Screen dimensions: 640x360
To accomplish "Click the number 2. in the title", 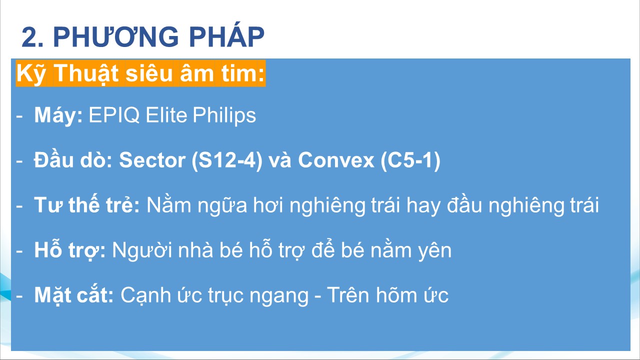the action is [x=32, y=36].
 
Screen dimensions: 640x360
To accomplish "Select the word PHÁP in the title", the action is [x=227, y=35].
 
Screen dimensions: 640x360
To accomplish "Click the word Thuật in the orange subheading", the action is [x=86, y=73].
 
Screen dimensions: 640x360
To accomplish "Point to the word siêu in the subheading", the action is [x=149, y=73].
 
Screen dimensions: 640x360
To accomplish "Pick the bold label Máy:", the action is [x=58, y=115].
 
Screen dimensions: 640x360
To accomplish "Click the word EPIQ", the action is [x=114, y=115].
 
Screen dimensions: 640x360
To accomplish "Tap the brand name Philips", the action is [x=224, y=115].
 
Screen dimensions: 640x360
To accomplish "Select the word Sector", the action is [x=152, y=160].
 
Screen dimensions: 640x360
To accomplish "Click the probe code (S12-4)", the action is [x=227, y=160].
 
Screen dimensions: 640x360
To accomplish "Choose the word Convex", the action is [x=336, y=160].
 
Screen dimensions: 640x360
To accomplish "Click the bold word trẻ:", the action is [x=123, y=205].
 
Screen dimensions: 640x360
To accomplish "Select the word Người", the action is [x=142, y=250].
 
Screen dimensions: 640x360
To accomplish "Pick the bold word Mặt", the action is [x=52, y=295].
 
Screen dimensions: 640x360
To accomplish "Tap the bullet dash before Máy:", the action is [x=19, y=116].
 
